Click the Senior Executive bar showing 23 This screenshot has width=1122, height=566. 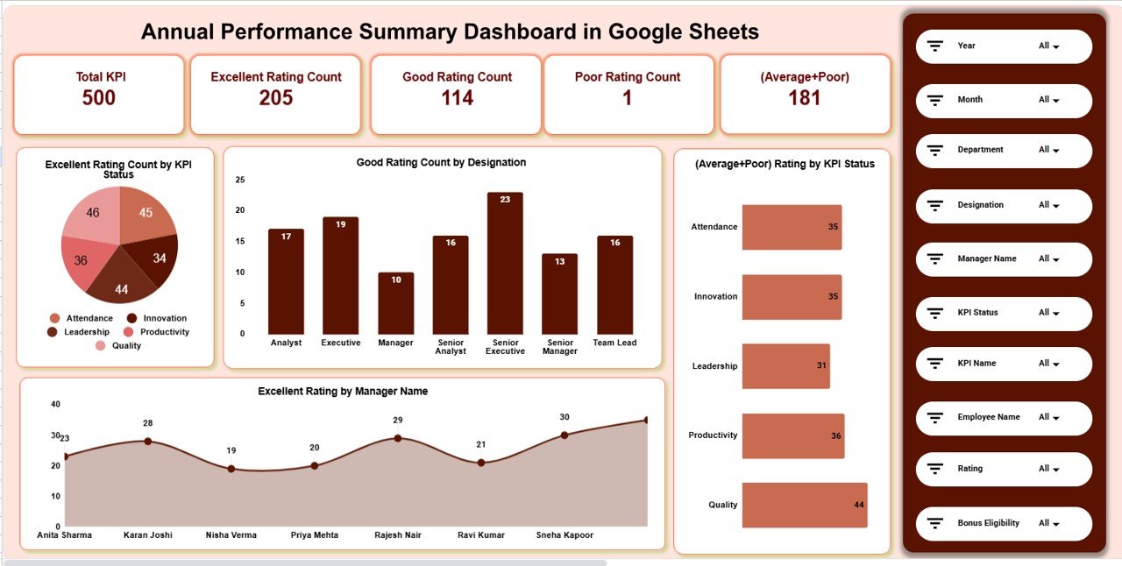(505, 263)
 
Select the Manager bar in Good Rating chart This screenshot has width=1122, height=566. (395, 302)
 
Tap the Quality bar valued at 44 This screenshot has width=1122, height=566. (804, 505)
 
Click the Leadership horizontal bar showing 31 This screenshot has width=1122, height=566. (785, 366)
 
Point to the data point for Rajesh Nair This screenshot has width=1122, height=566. (398, 438)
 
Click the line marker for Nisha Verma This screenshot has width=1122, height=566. (231, 469)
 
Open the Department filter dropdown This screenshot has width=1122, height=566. (1049, 150)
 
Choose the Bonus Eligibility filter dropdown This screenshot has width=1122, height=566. (1049, 523)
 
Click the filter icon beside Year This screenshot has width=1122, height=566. (935, 46)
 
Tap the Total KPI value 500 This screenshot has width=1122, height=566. (99, 97)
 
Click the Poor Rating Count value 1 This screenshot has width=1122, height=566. (627, 97)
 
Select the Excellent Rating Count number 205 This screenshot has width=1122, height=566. (276, 97)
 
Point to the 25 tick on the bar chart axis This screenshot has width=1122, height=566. (240, 180)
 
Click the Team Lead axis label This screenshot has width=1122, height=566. (614, 343)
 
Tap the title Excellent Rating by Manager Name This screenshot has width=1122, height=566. (343, 392)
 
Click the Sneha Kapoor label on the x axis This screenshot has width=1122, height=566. (564, 534)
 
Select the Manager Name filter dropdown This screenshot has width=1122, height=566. (1049, 258)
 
